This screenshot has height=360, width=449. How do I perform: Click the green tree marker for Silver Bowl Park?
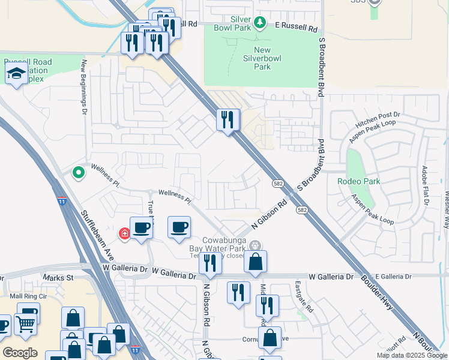coord(260,23)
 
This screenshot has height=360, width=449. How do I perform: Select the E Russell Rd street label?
coord(296,27)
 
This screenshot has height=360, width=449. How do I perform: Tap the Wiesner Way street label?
coord(445,210)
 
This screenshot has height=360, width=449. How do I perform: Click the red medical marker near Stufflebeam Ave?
coord(125,233)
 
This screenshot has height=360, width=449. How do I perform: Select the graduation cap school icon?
coord(15,74)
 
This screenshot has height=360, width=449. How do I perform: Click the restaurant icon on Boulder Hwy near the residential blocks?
coord(228,119)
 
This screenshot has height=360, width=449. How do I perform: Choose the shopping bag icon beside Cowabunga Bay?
coord(255,262)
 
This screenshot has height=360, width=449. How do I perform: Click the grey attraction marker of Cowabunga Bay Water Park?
coord(255,245)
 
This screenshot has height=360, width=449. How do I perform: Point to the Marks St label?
coord(58,278)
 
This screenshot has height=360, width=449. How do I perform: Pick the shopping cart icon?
coord(25,324)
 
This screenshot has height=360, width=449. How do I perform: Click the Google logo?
coord(20,353)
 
